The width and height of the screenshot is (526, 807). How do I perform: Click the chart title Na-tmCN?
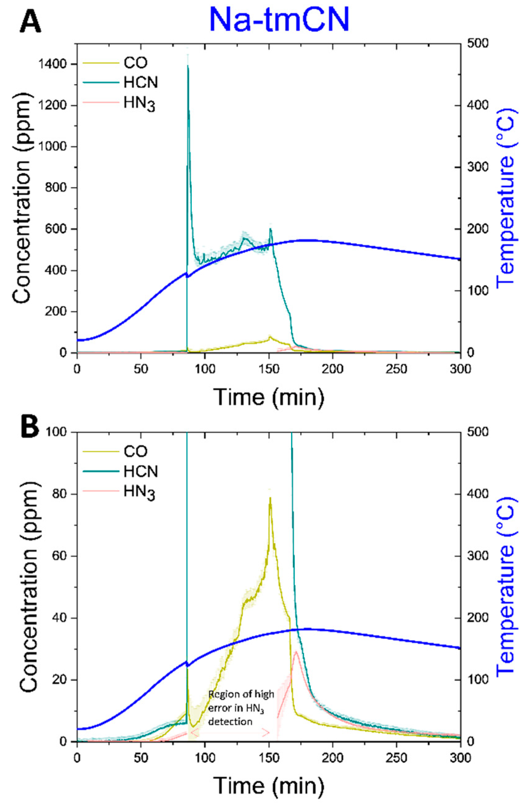click(279, 19)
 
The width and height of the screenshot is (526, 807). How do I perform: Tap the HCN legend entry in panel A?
click(141, 82)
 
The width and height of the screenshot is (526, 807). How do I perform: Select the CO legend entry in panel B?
click(135, 451)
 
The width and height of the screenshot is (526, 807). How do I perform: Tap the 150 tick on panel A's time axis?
click(269, 369)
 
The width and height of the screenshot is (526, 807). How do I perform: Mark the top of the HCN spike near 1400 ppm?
click(188, 66)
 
